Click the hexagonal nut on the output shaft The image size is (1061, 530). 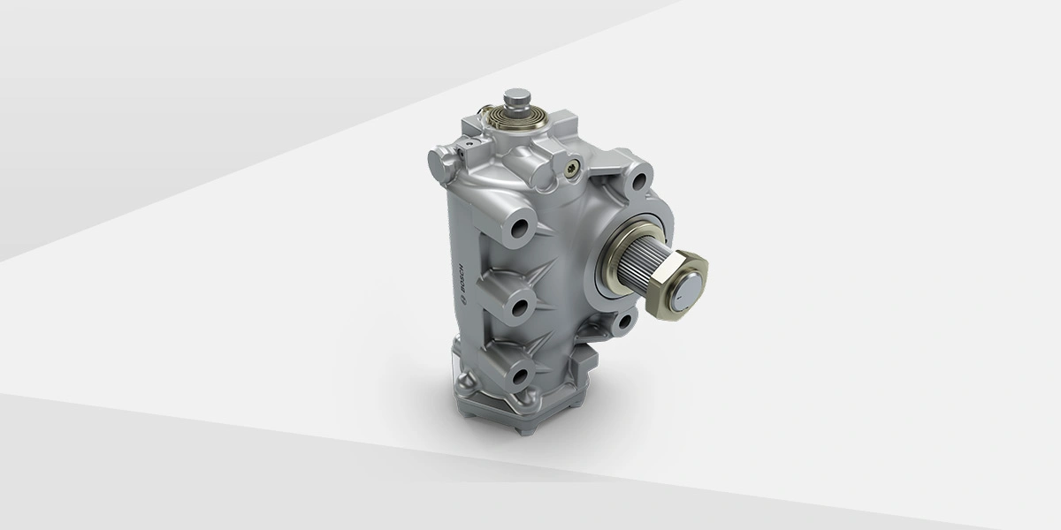677,284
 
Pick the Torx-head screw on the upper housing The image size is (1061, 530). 572,168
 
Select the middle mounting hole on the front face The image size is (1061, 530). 520,307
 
